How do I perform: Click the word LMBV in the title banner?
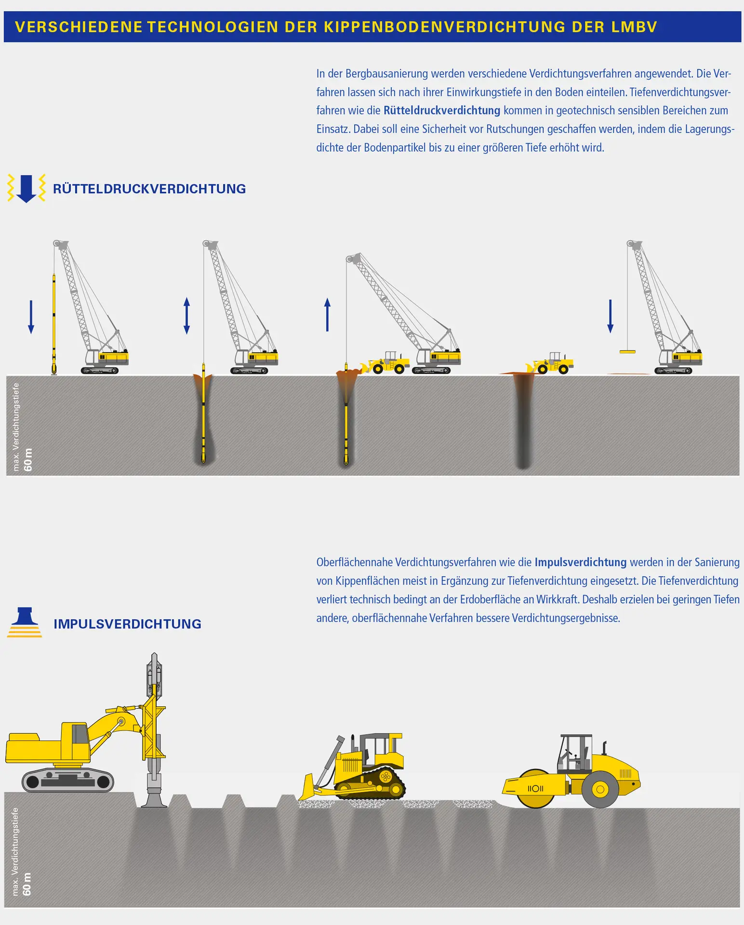click(x=634, y=27)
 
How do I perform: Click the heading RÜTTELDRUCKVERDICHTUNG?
click(x=149, y=189)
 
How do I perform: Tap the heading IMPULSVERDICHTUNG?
click(x=127, y=624)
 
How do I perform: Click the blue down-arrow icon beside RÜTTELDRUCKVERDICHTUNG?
click(x=26, y=188)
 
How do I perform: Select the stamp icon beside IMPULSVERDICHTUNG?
click(x=25, y=622)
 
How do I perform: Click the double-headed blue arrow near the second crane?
click(x=187, y=316)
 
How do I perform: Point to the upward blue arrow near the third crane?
click(x=328, y=315)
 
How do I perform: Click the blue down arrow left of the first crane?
click(x=31, y=317)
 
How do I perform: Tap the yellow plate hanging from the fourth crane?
click(x=627, y=352)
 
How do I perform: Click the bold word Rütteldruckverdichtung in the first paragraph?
click(x=442, y=110)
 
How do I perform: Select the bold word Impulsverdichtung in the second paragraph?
click(x=580, y=562)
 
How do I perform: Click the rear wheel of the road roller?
click(x=600, y=789)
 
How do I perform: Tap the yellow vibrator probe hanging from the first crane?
click(x=54, y=323)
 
